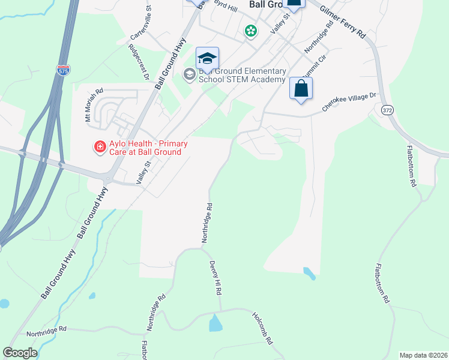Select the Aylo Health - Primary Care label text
[144, 148]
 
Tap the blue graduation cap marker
[208, 58]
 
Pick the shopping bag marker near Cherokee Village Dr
[301, 88]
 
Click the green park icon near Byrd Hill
[250, 31]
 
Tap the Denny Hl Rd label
[216, 277]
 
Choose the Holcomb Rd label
[263, 329]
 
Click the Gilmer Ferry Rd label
[343, 23]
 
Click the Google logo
[20, 353]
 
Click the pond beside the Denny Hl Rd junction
[215, 323]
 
